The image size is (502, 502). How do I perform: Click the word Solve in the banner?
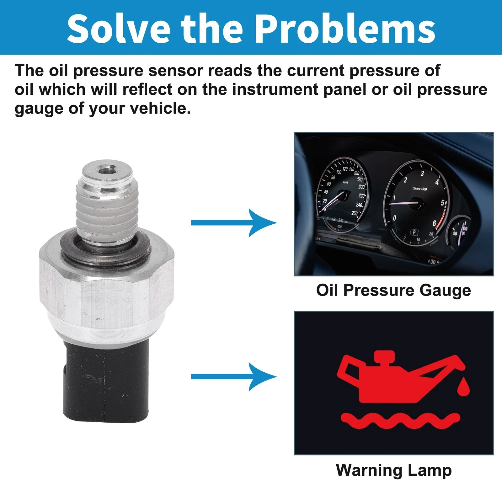pos(118,29)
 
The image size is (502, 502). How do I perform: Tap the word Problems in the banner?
pos(347,29)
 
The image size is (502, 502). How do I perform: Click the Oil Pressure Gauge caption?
pos(393,290)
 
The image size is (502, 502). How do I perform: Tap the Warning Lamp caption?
pos(394,470)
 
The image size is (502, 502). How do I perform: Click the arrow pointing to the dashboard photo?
pos(234,223)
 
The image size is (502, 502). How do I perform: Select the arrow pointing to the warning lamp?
pos(234,376)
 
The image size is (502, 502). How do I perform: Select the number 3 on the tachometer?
pos(422,174)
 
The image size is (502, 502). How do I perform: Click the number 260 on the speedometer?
pos(355,213)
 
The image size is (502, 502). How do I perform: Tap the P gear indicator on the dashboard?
pos(414,232)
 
